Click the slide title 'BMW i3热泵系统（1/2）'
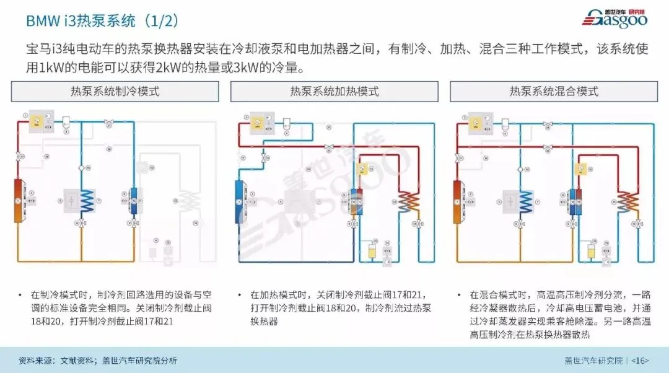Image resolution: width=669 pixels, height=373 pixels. click(103, 21)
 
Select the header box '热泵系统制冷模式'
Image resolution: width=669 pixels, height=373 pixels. click(115, 92)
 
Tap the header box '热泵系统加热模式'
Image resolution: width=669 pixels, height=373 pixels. click(334, 92)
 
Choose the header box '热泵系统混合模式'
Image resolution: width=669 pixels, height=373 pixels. click(554, 92)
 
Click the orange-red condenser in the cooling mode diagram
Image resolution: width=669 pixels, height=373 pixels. click(18, 200)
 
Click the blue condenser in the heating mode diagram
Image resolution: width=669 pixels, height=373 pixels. click(239, 200)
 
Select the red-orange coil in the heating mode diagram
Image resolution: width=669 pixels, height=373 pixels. click(408, 201)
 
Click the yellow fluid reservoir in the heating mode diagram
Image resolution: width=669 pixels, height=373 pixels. click(372, 251)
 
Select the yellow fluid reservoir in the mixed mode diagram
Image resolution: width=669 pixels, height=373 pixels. click(592, 251)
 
